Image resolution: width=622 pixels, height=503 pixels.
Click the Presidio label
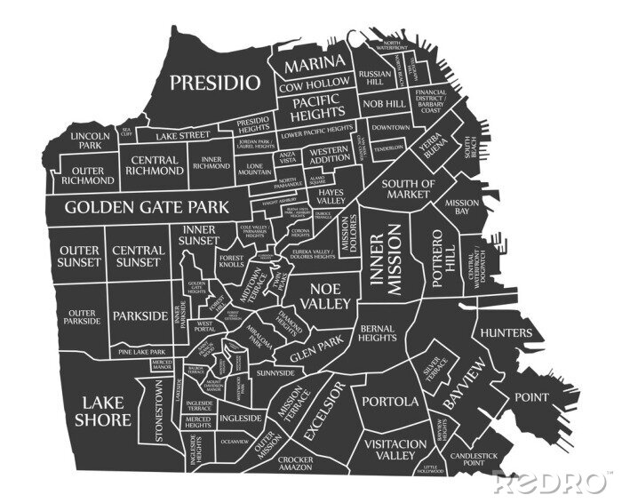click(215, 83)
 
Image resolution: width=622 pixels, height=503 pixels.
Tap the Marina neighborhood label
click(315, 63)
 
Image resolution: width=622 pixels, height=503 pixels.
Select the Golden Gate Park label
click(147, 207)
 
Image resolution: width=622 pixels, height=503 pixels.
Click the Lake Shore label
click(103, 411)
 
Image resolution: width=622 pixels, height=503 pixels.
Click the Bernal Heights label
click(378, 333)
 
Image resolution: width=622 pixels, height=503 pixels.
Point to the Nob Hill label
click(384, 104)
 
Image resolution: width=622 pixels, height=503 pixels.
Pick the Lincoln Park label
click(90, 140)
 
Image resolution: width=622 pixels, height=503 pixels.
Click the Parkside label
click(140, 315)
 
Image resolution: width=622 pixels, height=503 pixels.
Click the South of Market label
click(408, 189)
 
